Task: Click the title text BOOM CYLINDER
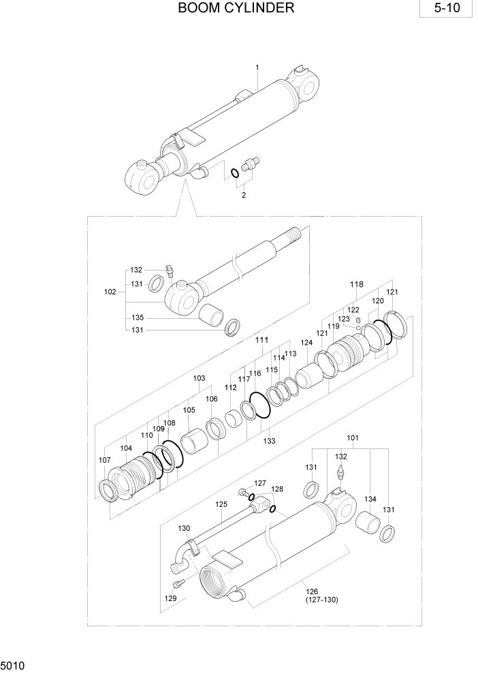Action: pyautogui.click(x=236, y=8)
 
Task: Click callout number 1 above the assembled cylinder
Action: pyautogui.click(x=257, y=67)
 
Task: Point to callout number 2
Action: pyautogui.click(x=244, y=195)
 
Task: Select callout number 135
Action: pyautogui.click(x=137, y=318)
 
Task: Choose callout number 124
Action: pyautogui.click(x=307, y=343)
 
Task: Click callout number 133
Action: pyautogui.click(x=270, y=441)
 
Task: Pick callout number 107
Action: pyautogui.click(x=104, y=460)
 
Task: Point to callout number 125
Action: pyautogui.click(x=221, y=504)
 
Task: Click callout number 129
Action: pyautogui.click(x=170, y=598)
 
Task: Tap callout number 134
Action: pyautogui.click(x=370, y=500)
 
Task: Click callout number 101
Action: pyautogui.click(x=353, y=437)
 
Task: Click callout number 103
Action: pyautogui.click(x=199, y=378)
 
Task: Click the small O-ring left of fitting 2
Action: pyautogui.click(x=234, y=172)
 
